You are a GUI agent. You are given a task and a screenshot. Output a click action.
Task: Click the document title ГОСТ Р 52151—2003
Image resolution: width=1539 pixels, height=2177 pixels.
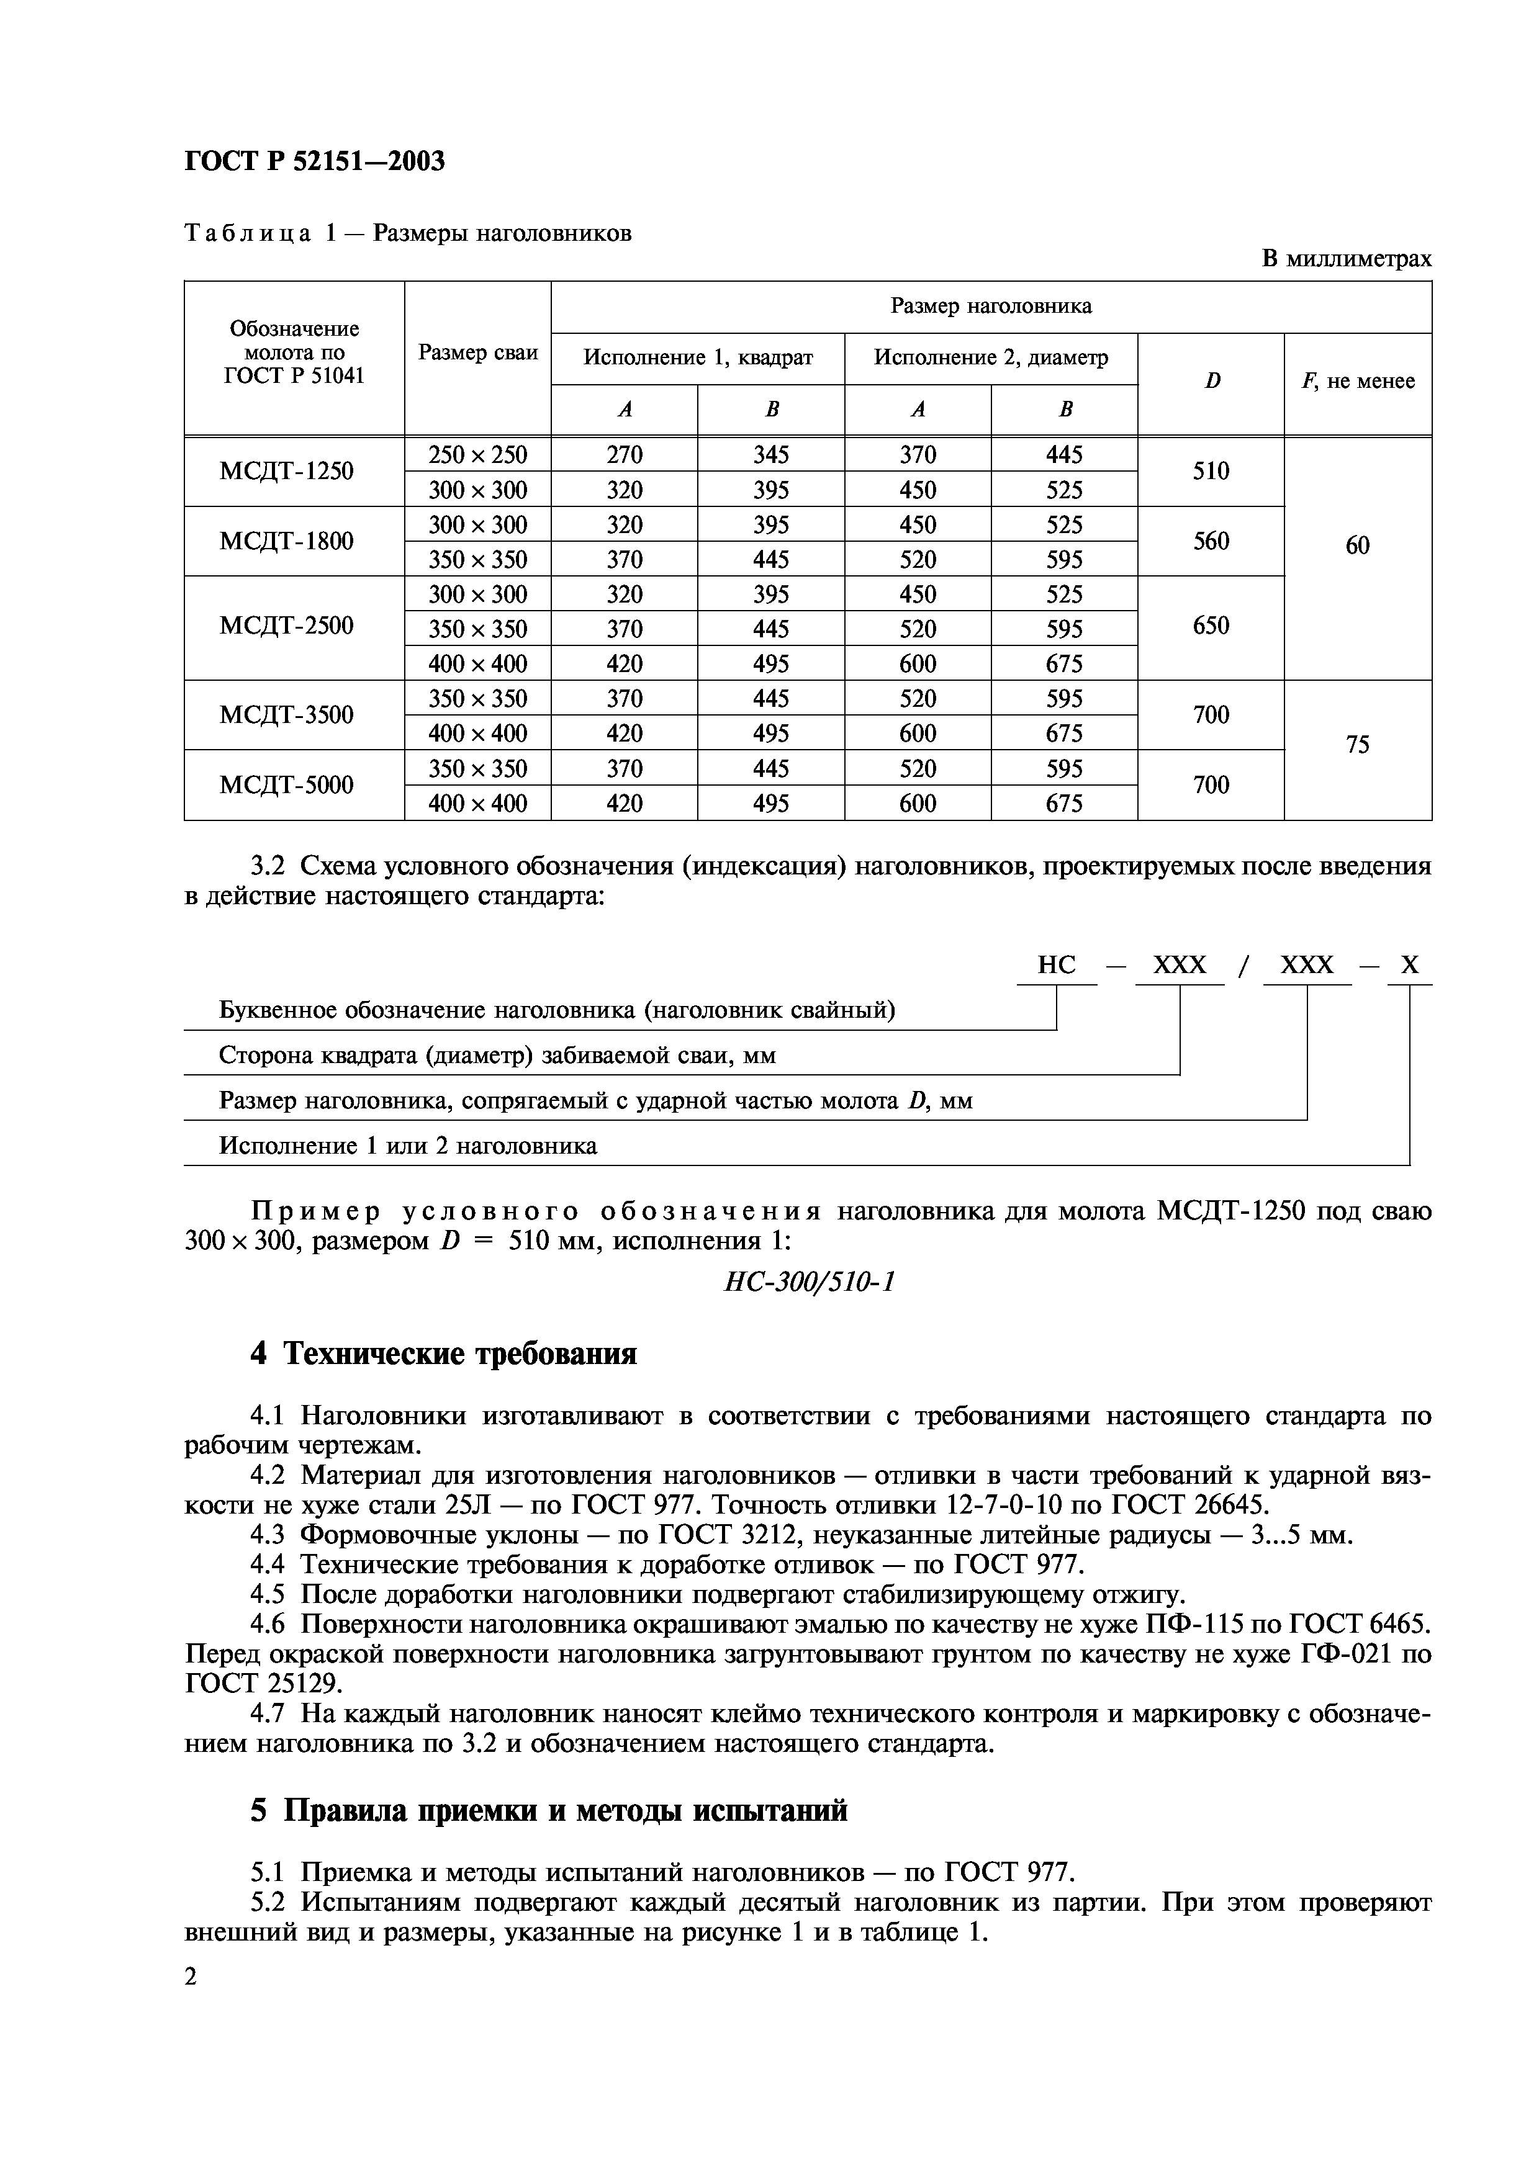coord(314,162)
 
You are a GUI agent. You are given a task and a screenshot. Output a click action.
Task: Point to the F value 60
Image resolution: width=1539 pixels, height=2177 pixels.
coord(1357,545)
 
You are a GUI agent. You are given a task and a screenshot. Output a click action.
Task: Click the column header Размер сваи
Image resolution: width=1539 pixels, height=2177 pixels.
coord(478,352)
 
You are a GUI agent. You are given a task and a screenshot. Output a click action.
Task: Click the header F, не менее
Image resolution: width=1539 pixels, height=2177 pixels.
coord(1357,381)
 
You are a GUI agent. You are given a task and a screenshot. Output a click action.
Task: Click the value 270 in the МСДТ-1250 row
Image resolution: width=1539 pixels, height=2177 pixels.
coord(624,455)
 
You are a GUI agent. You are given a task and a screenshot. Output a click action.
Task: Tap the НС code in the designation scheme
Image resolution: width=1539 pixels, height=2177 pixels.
coord(1057,965)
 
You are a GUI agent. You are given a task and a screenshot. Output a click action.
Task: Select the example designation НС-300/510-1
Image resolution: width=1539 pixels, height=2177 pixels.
coord(809,1282)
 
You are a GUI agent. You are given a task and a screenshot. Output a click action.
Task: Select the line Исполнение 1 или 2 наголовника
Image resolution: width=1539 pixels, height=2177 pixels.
coord(408,1146)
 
